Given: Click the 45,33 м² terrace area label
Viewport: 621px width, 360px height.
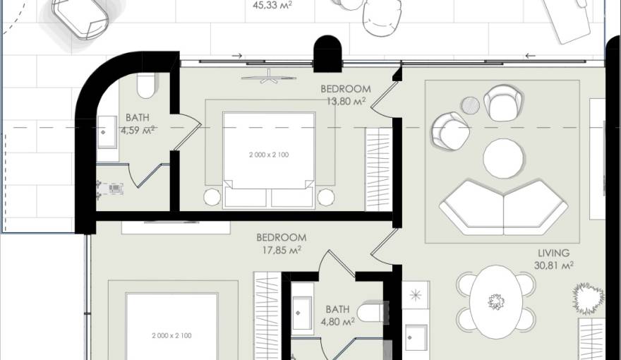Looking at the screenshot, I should pyautogui.click(x=272, y=4).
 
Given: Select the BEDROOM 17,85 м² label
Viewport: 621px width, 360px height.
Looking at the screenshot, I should pyautogui.click(x=281, y=244).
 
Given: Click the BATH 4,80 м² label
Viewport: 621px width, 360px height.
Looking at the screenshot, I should pyautogui.click(x=337, y=315).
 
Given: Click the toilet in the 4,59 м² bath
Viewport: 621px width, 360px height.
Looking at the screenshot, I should pyautogui.click(x=146, y=86).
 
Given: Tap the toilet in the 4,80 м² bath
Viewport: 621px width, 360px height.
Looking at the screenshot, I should pyautogui.click(x=369, y=311).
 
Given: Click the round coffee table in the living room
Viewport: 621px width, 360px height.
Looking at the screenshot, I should pyautogui.click(x=503, y=157).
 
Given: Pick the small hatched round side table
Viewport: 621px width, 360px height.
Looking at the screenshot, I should pyautogui.click(x=471, y=106).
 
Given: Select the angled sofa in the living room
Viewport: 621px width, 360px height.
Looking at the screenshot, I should pyautogui.click(x=503, y=206).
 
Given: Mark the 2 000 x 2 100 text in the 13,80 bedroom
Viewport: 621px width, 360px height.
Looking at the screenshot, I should pyautogui.click(x=269, y=154).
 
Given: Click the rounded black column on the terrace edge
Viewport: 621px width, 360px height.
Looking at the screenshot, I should pyautogui.click(x=327, y=54).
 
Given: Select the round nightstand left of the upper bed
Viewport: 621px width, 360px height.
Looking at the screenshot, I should pyautogui.click(x=212, y=197).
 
